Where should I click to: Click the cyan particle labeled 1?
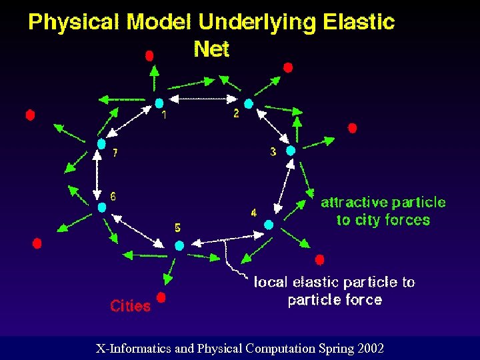(x=159, y=103)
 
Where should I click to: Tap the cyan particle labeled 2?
(x=248, y=104)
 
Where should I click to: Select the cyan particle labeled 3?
(x=290, y=151)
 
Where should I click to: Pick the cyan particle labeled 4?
(x=269, y=225)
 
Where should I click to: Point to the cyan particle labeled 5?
(x=179, y=245)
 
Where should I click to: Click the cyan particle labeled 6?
(x=102, y=207)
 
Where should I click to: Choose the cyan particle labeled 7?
(x=101, y=143)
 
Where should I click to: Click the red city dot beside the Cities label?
(x=161, y=297)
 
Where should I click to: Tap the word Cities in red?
(x=130, y=306)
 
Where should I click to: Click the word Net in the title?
(x=211, y=49)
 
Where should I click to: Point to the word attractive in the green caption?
(x=355, y=202)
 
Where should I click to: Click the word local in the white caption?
(x=270, y=282)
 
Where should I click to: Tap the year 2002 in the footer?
(x=371, y=348)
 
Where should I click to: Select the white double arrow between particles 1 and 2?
(x=203, y=99)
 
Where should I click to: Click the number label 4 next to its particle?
(x=253, y=213)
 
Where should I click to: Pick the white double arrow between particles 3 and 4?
(x=283, y=187)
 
